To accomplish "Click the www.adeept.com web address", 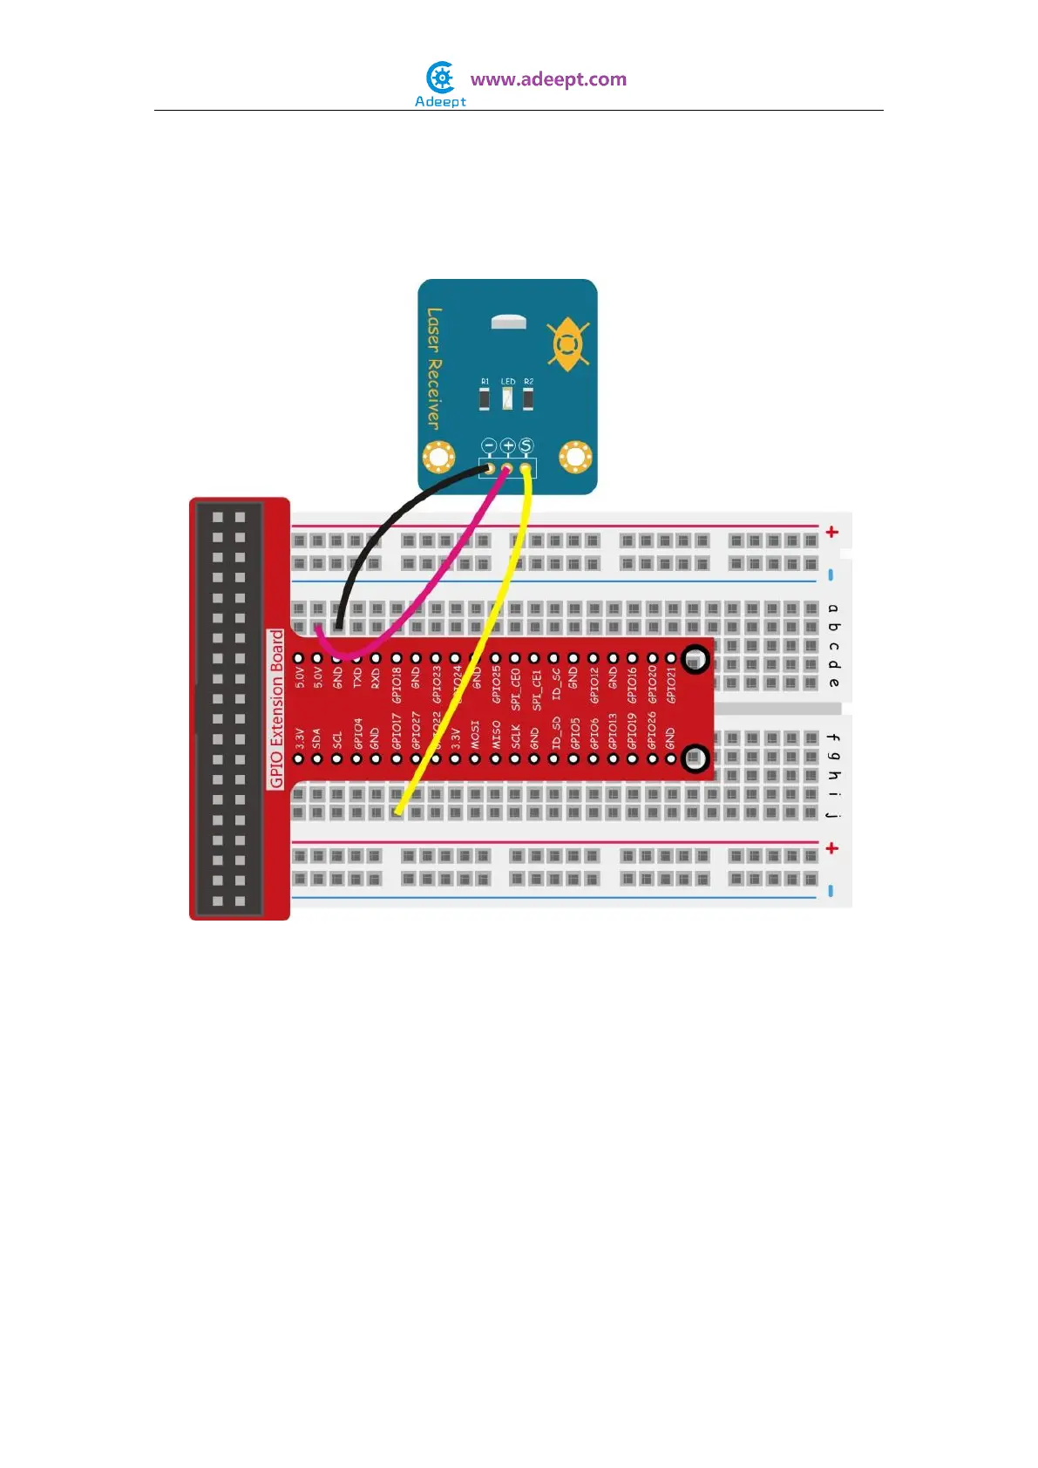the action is pos(548,79).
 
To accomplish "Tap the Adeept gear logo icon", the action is pos(442,78).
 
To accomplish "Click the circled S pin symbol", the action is pos(526,446).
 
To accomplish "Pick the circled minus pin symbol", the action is pos(489,446).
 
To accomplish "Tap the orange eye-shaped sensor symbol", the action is pos(567,343).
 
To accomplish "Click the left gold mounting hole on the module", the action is pos(438,457).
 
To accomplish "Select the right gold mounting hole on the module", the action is pos(575,456).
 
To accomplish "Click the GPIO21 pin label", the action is pos(671,685).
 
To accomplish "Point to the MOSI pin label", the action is pos(475,734).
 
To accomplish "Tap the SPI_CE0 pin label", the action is pos(515,688).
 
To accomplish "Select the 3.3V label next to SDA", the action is pos(299,738).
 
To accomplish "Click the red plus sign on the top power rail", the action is pos(832,532).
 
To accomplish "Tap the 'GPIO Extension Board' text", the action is pos(277,709).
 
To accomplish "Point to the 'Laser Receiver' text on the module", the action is pos(434,367).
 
